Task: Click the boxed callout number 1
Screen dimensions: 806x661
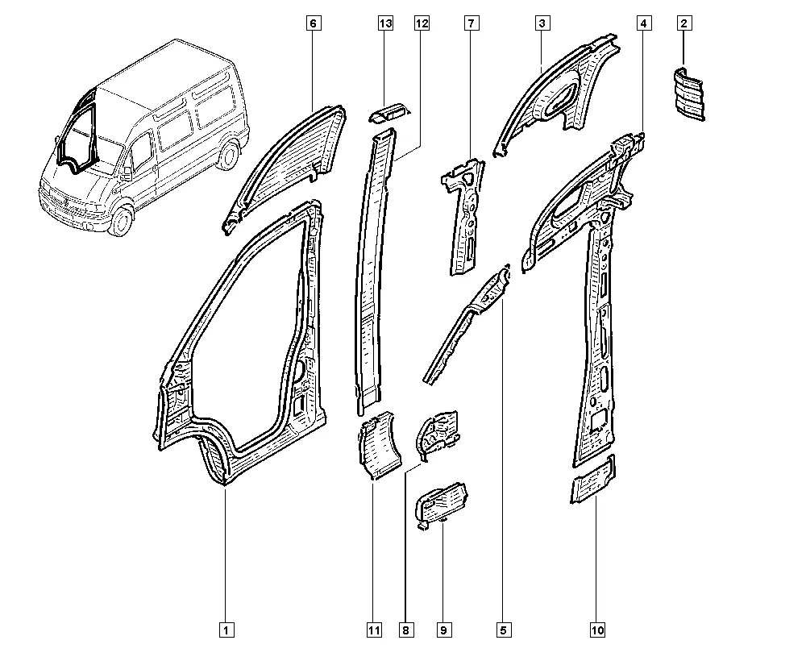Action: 226,630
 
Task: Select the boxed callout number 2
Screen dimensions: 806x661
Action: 683,23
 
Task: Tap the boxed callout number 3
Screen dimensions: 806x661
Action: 542,23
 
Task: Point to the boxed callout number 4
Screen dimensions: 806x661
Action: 644,23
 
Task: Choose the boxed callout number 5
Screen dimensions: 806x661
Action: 504,630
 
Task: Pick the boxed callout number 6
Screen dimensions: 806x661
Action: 314,23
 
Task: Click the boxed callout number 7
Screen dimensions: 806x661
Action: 472,23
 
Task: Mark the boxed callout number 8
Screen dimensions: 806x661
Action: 406,630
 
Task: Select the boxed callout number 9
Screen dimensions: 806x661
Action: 444,630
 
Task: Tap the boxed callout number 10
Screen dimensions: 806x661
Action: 598,630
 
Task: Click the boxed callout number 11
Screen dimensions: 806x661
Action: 374,630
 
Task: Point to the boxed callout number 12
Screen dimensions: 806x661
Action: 422,23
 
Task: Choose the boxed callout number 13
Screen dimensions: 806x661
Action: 385,23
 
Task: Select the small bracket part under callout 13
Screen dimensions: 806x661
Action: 389,113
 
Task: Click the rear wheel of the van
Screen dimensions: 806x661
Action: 229,155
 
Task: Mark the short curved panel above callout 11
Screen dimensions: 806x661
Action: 380,445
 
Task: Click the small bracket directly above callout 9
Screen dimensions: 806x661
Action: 442,505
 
